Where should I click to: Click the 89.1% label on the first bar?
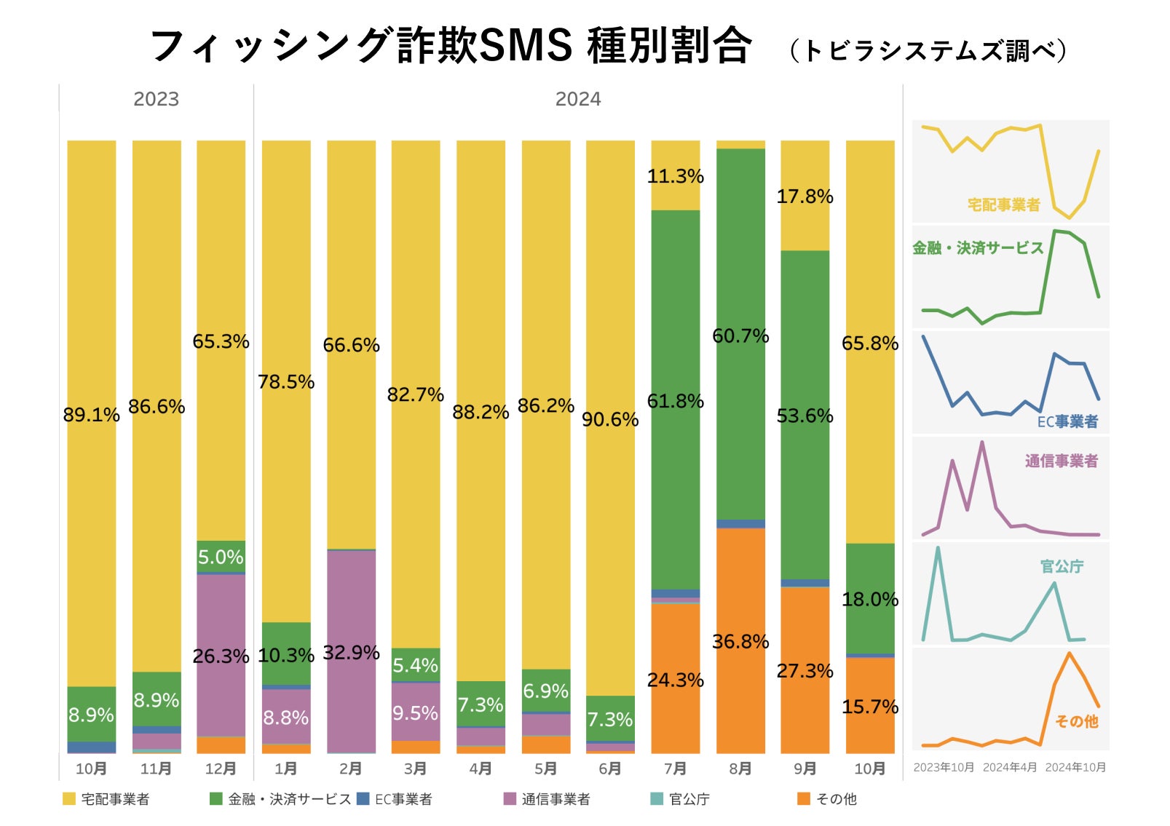tap(91, 415)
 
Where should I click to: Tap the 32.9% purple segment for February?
tap(351, 652)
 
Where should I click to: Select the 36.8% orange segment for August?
tap(740, 641)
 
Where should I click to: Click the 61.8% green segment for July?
tap(675, 401)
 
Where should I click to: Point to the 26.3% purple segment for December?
tap(221, 656)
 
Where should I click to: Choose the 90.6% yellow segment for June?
tap(610, 419)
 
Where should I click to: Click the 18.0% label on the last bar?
tap(870, 600)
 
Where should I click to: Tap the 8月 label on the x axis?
tap(740, 769)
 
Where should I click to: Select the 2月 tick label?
tap(351, 769)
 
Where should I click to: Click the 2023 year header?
tap(156, 99)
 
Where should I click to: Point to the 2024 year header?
tap(578, 99)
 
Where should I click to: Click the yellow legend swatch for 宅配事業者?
tap(69, 799)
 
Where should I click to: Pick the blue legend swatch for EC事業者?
tap(363, 799)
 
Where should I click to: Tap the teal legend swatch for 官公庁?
tap(657, 799)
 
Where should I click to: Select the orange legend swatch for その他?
tap(804, 799)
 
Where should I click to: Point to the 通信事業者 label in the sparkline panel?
tap(1061, 461)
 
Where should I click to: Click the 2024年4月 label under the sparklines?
tap(1009, 767)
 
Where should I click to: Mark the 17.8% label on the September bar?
tap(805, 196)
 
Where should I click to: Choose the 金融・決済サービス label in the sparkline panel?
tap(978, 248)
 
